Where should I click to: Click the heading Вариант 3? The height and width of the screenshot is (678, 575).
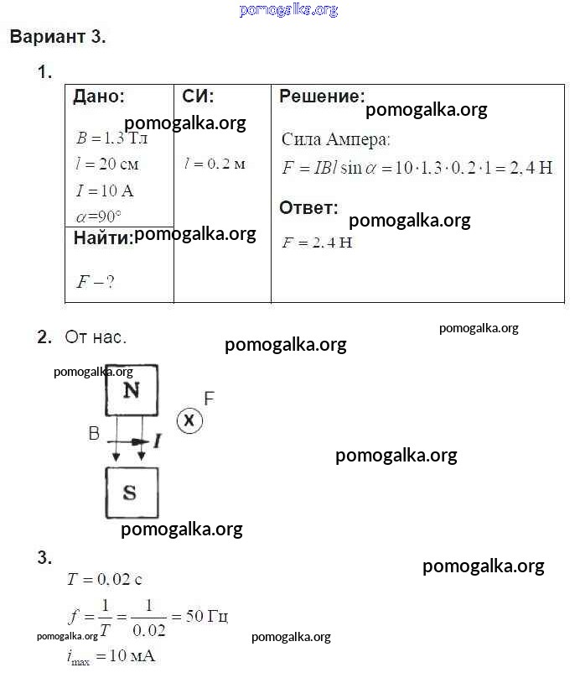tap(58, 36)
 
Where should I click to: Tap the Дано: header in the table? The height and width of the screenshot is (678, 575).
tap(99, 96)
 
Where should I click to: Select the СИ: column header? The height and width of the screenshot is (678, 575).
tap(198, 96)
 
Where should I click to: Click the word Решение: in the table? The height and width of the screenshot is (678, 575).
tap(322, 96)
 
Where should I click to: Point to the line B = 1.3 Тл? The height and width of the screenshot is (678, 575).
tap(111, 138)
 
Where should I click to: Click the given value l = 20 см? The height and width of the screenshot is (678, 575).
tap(107, 164)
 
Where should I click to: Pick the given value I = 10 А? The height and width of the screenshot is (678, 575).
tap(105, 190)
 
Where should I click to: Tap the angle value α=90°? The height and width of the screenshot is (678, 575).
tap(99, 216)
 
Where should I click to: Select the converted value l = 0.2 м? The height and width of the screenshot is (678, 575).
tap(215, 164)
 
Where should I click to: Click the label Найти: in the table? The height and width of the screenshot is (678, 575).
tap(104, 237)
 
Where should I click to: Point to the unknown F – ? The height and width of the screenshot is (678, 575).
tap(96, 282)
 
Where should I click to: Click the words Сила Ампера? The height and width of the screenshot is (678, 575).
tap(335, 139)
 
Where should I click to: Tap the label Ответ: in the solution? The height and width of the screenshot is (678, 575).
tap(308, 208)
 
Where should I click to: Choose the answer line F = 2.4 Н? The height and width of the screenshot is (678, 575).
tap(317, 243)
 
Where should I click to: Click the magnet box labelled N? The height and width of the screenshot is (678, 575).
tap(132, 390)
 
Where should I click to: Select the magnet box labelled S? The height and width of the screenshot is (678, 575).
tap(132, 493)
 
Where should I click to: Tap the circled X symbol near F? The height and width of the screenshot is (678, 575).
tap(189, 420)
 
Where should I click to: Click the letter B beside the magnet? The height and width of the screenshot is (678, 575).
tap(94, 433)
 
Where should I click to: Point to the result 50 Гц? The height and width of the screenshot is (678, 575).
tap(206, 616)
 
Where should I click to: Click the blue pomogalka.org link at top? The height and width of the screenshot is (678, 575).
tap(288, 9)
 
